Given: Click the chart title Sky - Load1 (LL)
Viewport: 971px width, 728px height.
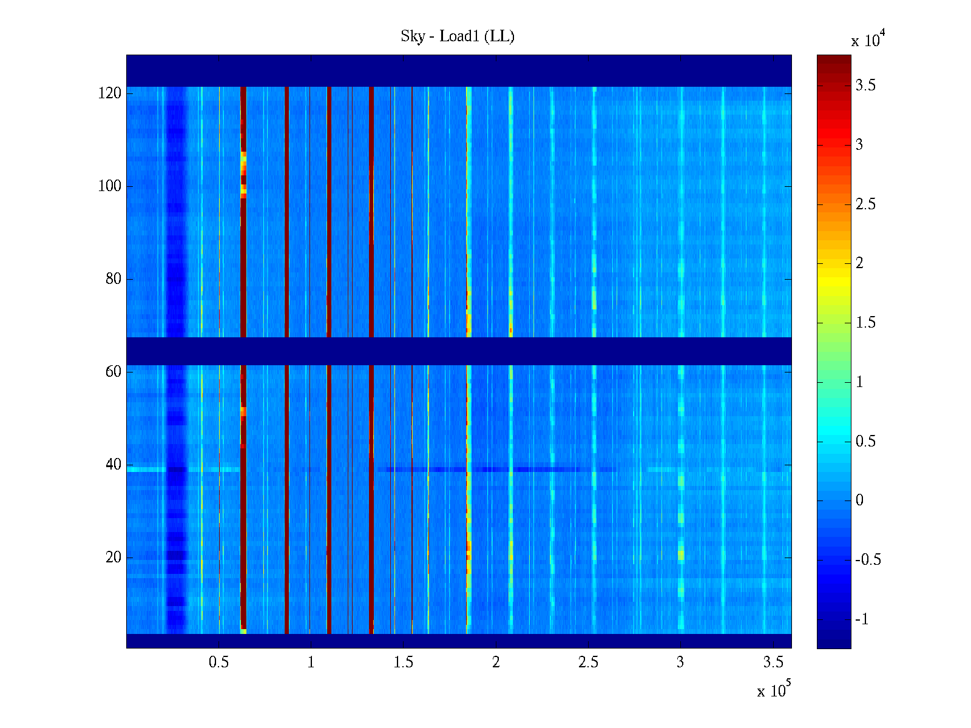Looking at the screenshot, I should pos(458,36).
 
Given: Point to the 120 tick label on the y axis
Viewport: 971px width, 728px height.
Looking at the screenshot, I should pos(110,93).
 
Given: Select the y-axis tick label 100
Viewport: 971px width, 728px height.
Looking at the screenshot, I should pos(110,186).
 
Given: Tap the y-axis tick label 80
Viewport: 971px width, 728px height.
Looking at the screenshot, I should pos(113,279).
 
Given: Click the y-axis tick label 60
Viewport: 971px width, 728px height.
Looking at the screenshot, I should pos(113,372).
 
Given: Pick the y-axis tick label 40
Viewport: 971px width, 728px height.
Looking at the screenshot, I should pos(113,465).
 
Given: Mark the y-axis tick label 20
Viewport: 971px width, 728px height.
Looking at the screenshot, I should pos(113,558).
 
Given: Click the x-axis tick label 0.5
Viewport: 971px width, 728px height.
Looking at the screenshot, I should pos(218,662).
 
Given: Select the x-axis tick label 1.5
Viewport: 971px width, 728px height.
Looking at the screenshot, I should pos(403,662).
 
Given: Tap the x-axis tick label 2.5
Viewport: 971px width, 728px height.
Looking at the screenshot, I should pos(588,662).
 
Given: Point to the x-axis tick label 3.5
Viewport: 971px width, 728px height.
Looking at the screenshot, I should pos(773,662).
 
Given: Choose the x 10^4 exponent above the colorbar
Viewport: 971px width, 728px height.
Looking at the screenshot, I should pos(868,40).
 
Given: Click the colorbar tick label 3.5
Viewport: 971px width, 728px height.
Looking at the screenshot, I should pos(865,86).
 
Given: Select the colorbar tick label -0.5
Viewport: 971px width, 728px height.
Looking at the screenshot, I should pos(868,560).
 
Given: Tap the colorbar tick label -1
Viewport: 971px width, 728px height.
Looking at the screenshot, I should pos(862,619).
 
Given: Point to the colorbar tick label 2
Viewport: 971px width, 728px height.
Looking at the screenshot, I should pos(859,263).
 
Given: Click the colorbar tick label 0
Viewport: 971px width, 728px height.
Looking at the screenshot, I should pos(859,500).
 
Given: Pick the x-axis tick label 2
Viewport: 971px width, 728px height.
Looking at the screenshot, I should pos(496,662).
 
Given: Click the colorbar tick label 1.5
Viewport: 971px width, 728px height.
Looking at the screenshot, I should pos(865,323).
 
